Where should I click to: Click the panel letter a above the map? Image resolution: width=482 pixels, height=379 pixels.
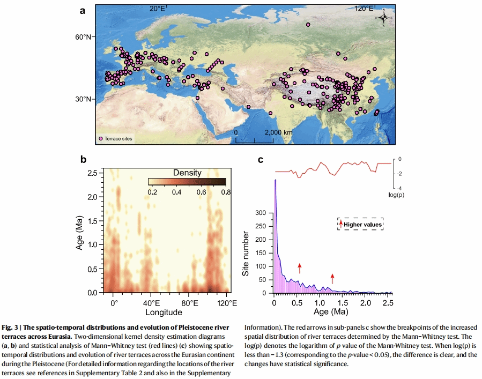pyautogui.click(x=83, y=11)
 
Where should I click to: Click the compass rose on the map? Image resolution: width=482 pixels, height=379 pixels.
pyautogui.click(x=384, y=18)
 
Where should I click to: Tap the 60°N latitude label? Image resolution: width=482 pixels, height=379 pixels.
pyautogui.click(x=83, y=37)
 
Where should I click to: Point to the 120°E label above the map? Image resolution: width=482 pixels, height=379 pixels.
pyautogui.click(x=365, y=8)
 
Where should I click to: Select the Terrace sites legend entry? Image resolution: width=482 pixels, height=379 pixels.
pyautogui.click(x=115, y=138)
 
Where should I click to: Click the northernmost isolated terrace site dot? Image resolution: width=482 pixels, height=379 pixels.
pyautogui.click(x=308, y=25)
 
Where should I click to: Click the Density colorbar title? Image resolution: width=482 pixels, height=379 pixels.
pyautogui.click(x=187, y=173)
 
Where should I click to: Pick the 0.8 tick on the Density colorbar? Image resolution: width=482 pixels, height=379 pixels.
pyautogui.click(x=226, y=192)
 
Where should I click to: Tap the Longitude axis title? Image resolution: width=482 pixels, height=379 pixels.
pyautogui.click(x=170, y=312)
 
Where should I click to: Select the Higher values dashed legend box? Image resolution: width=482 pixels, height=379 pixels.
pyautogui.click(x=360, y=224)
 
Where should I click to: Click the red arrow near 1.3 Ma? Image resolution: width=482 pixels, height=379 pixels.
pyautogui.click(x=333, y=277)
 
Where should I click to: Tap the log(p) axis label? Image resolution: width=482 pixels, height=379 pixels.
pyautogui.click(x=396, y=195)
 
